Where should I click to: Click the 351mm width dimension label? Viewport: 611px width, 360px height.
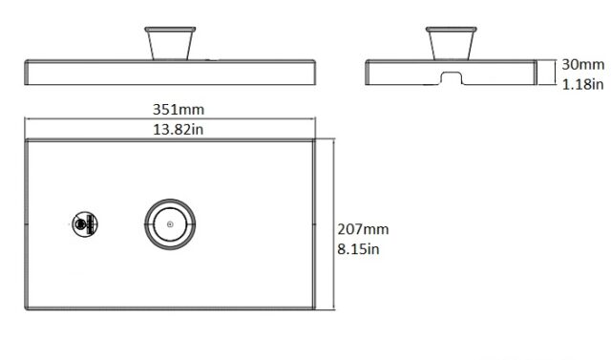pyautogui.click(x=179, y=110)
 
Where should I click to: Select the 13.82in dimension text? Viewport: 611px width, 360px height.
pyautogui.click(x=179, y=129)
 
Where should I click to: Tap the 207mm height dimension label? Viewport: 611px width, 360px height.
pyautogui.click(x=363, y=229)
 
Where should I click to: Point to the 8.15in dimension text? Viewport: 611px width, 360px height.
pyautogui.click(x=358, y=249)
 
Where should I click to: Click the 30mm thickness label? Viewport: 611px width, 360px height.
pyautogui.click(x=583, y=65)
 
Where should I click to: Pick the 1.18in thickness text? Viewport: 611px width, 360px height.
pyautogui.click(x=582, y=84)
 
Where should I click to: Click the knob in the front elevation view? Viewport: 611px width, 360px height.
pyautogui.click(x=170, y=43)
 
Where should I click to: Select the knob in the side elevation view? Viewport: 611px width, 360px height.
pyautogui.click(x=452, y=43)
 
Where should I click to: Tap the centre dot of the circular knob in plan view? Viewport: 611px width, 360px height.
pyautogui.click(x=170, y=224)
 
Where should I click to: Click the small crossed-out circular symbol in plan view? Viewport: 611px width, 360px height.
pyautogui.click(x=85, y=224)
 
